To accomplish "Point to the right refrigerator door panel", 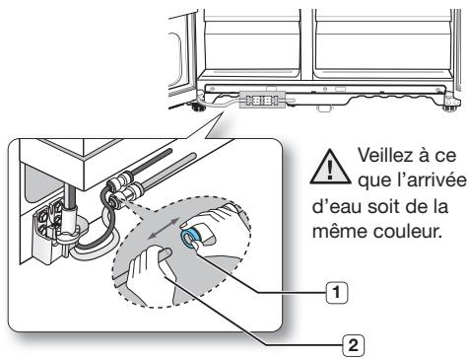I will pos(384,39).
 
